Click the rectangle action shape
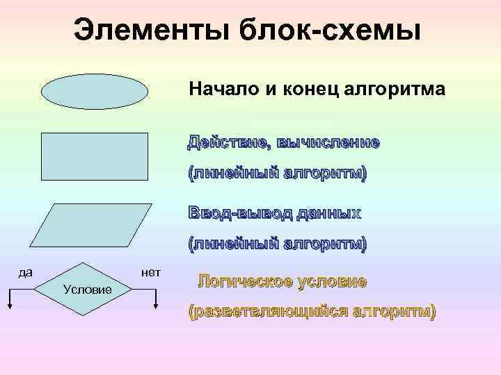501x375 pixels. click(x=95, y=156)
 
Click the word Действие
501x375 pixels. click(x=228, y=143)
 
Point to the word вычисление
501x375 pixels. click(x=328, y=143)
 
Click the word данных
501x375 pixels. click(x=328, y=212)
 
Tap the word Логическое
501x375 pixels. click(x=244, y=282)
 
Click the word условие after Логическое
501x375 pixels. click(x=331, y=282)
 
